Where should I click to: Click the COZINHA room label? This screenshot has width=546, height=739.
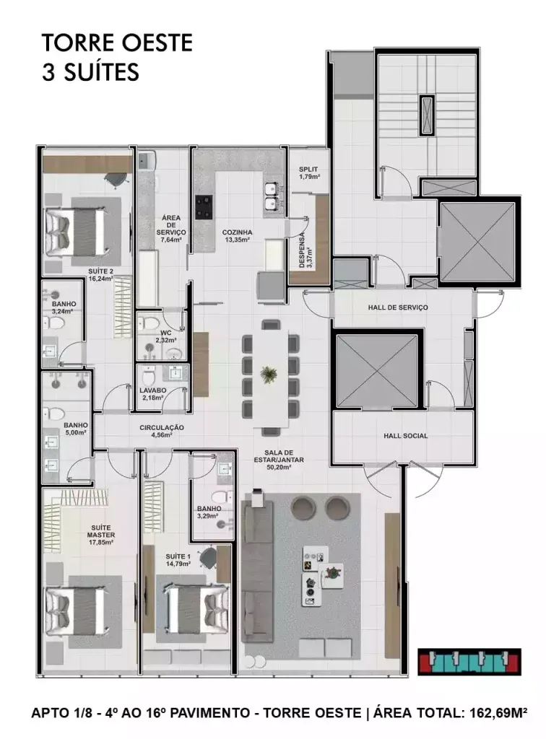[x=237, y=232]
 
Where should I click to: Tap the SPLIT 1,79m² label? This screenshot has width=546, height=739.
[x=309, y=173]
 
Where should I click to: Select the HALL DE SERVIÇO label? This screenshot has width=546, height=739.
[x=398, y=307]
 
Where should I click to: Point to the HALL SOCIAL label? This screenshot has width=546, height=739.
[x=405, y=436]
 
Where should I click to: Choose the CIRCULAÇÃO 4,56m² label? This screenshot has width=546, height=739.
[x=161, y=432]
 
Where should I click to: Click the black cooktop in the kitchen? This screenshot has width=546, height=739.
[x=204, y=208]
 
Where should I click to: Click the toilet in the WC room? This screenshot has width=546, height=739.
[x=150, y=323]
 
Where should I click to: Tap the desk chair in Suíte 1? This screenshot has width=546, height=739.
[x=207, y=559]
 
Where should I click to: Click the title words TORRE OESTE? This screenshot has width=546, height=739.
[x=118, y=43]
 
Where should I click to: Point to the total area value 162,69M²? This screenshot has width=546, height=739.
[x=495, y=712]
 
